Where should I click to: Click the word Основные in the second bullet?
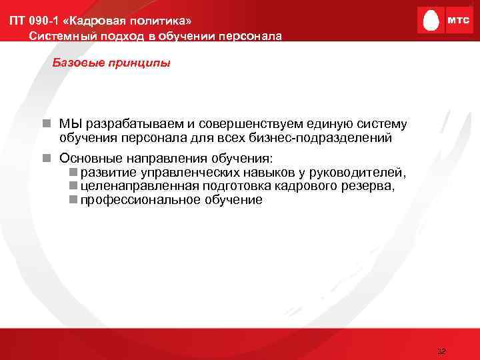90,159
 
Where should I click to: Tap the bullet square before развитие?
73,173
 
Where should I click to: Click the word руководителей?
359,173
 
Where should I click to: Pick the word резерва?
371,187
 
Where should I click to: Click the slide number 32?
441,351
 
